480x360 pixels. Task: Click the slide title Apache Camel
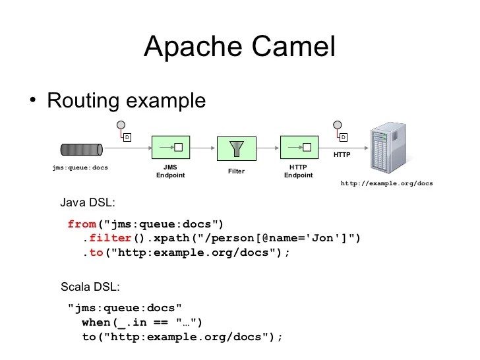239,47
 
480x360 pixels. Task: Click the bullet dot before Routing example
32,100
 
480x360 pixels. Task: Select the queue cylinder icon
81,148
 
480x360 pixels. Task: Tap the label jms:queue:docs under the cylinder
80,167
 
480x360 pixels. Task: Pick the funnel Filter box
235,148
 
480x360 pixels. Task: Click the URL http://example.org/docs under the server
386,183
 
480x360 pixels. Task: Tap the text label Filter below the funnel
236,171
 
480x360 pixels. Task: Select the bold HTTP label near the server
342,155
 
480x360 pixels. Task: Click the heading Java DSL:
88,202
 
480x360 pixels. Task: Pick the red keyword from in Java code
82,224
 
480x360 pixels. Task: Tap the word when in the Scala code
96,322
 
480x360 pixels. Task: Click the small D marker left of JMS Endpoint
127,137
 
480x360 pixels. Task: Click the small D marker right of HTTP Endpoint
343,137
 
